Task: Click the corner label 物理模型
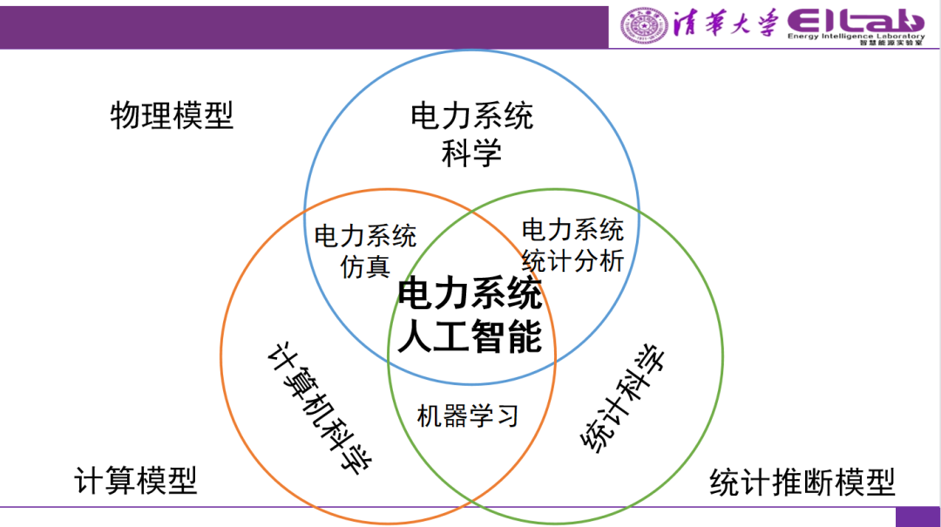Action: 172,116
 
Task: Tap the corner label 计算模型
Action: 135,480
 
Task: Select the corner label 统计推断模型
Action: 802,482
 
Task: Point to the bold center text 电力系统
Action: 470,296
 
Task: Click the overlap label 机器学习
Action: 468,416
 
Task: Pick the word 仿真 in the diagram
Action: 366,266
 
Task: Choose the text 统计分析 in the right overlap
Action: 572,260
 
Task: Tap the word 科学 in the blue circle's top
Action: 471,154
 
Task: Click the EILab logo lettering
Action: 855,20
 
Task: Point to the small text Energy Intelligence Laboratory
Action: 855,37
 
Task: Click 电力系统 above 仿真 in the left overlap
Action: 366,236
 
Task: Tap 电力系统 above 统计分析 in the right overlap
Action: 572,230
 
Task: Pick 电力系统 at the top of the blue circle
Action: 471,116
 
